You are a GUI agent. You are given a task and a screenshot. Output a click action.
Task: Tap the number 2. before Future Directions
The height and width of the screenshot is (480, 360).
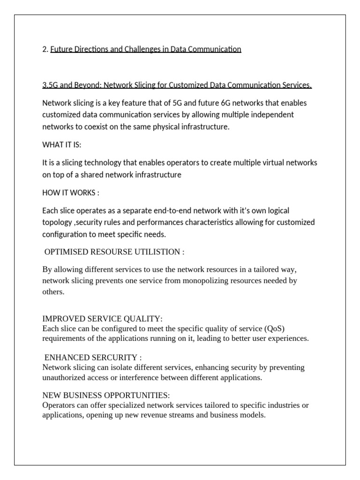(45, 49)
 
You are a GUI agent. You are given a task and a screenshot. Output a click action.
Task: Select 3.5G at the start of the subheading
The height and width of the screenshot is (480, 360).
(49, 85)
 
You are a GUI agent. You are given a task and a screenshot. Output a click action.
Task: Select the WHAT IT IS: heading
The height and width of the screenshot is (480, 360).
(61, 145)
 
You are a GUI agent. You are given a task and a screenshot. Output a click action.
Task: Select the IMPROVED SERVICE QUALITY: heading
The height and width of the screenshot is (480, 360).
(102, 319)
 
